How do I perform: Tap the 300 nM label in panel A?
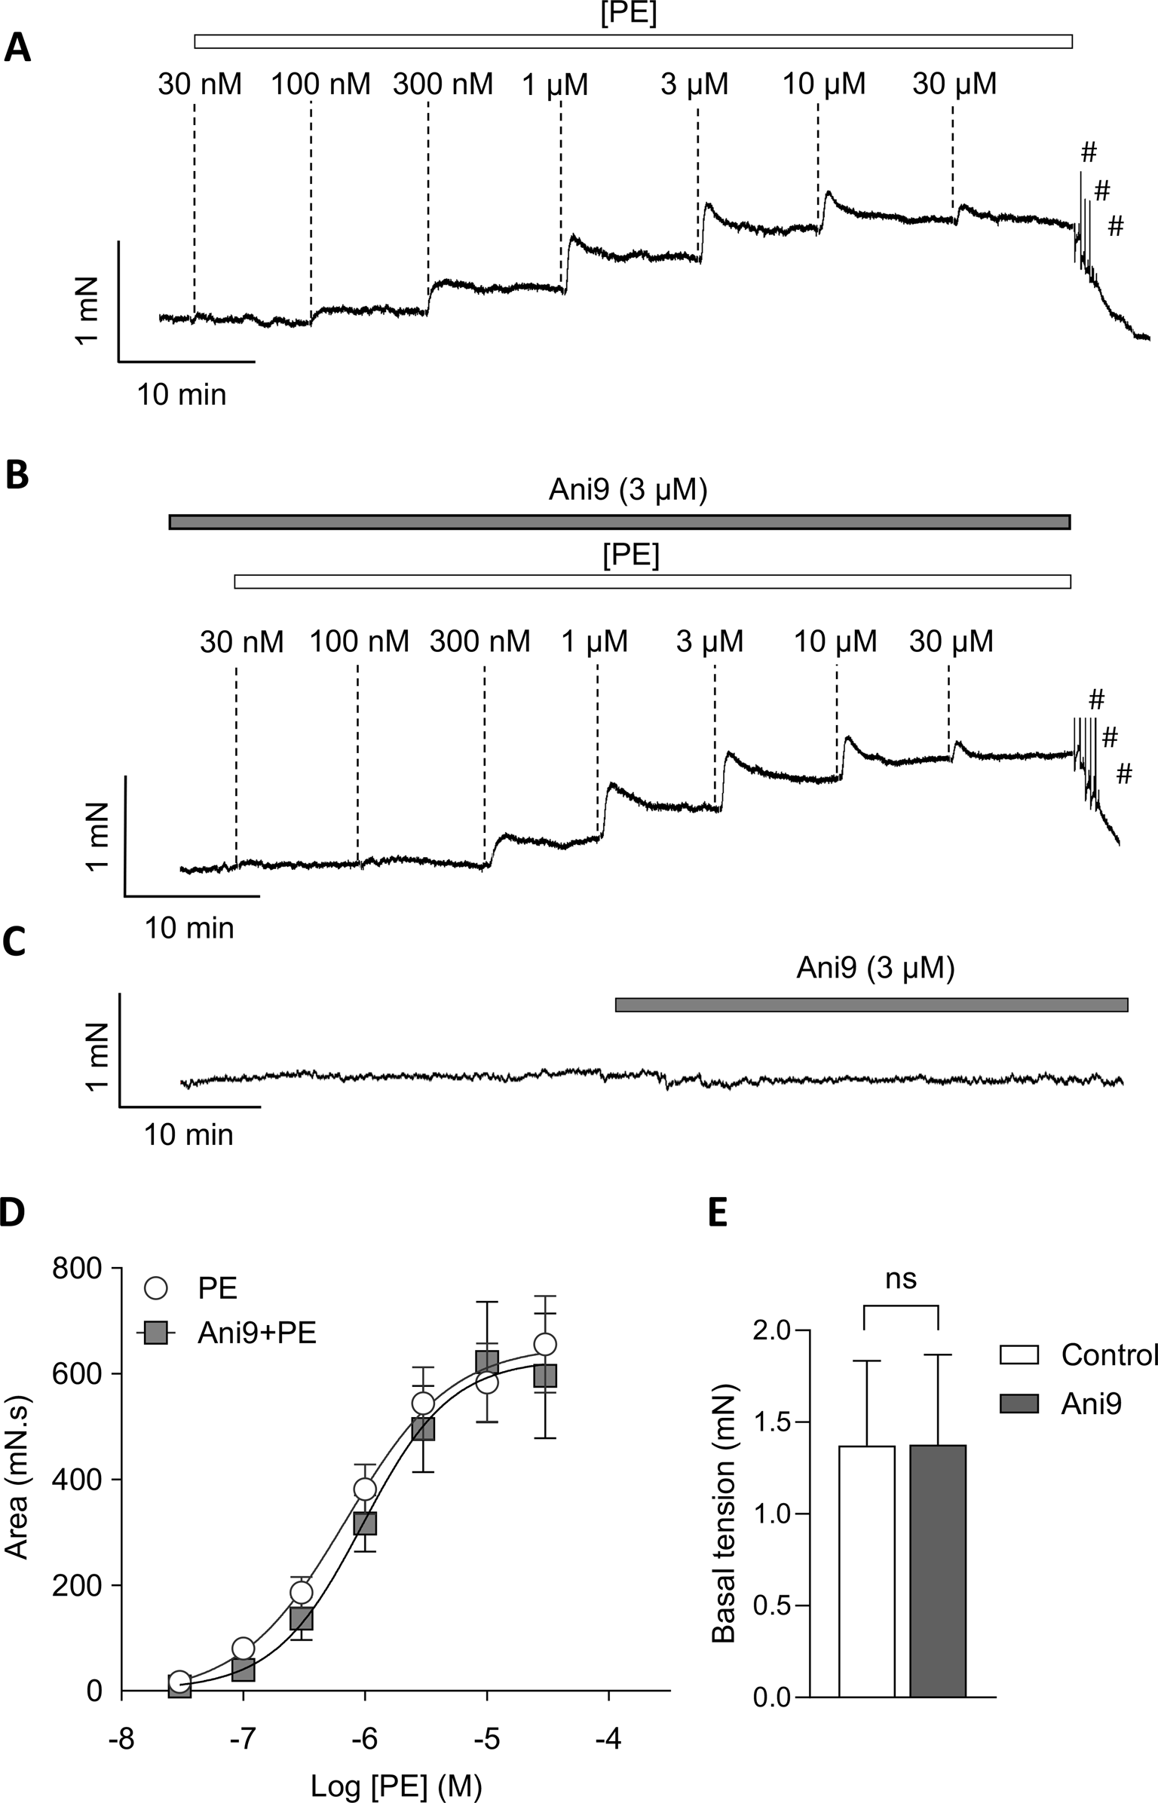(x=443, y=84)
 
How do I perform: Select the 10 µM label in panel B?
(x=835, y=641)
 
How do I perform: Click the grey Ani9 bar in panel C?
(x=871, y=1005)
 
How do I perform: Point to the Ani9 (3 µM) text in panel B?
(x=627, y=491)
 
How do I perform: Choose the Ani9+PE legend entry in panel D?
(x=256, y=1333)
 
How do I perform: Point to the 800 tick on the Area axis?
(x=76, y=1269)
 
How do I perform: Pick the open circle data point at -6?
(x=365, y=1489)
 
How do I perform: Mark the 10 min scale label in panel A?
(x=182, y=394)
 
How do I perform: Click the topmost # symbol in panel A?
(x=1088, y=153)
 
